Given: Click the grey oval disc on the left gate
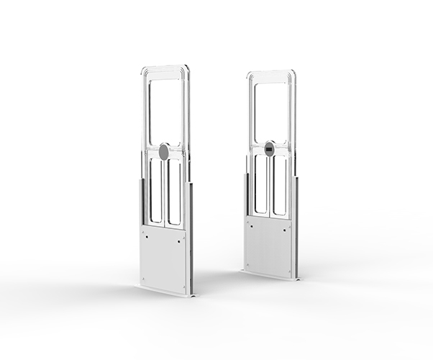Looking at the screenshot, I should pos(164,151).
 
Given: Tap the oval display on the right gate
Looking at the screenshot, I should pos(270,148).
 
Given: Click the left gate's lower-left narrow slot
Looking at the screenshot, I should pos(155,190).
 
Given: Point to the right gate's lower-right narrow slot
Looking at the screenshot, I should pos(279,185).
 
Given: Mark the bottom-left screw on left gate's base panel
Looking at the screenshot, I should pos(145,279).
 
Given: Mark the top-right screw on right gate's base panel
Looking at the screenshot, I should pos(289,225).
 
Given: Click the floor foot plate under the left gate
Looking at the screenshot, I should pos(165,292).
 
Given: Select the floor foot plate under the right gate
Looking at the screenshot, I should pos(270,276).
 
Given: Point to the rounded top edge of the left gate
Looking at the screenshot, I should pos(165,67).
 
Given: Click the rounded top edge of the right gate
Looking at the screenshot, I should pos(270,72).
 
